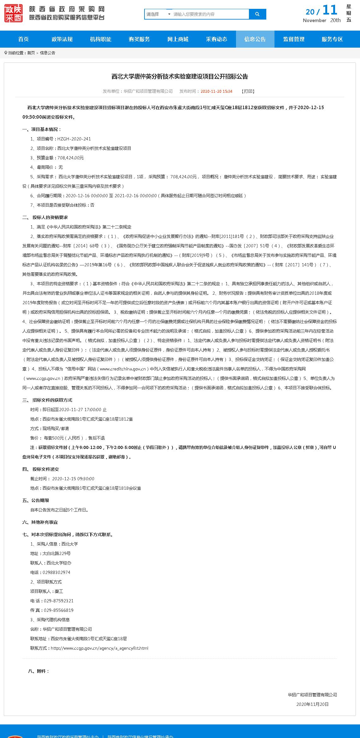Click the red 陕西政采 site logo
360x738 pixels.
(14, 13)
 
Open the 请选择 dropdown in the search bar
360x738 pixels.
(158, 14)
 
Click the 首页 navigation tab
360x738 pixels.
(23, 39)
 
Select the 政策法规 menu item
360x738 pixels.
(62, 39)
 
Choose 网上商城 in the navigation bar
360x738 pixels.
(178, 39)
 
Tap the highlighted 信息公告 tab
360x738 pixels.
(255, 39)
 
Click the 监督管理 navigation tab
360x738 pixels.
(294, 39)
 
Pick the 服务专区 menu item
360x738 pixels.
(332, 39)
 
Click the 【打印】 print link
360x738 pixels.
(248, 91)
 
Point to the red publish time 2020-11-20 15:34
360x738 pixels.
(216, 91)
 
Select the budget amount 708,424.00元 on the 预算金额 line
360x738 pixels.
(70, 158)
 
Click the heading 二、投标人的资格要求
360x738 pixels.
(45, 217)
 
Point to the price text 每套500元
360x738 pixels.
(54, 438)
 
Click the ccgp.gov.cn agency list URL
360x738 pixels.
(99, 648)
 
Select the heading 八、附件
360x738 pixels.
(38, 671)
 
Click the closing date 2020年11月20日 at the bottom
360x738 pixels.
(312, 704)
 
